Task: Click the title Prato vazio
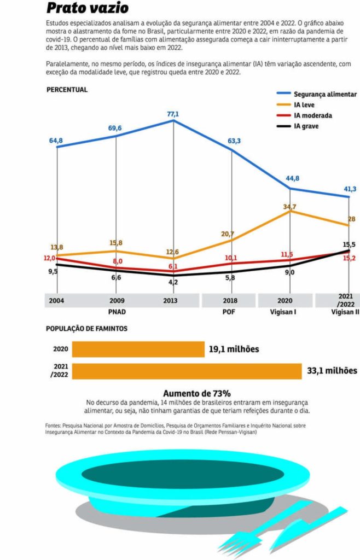pos(87,8)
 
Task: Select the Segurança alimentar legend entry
pos(325,94)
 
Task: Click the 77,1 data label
pos(173,114)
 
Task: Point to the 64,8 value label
pos(56,141)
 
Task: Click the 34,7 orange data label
pos(290,207)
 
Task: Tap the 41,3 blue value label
pos(349,189)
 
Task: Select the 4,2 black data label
pos(173,282)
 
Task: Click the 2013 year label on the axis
pos(173,301)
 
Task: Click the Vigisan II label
pos(345,312)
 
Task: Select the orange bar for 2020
pos(138,349)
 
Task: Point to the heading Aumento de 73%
pos(197,393)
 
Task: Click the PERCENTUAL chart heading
pos(67,90)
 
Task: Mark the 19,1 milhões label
pos(233,349)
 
